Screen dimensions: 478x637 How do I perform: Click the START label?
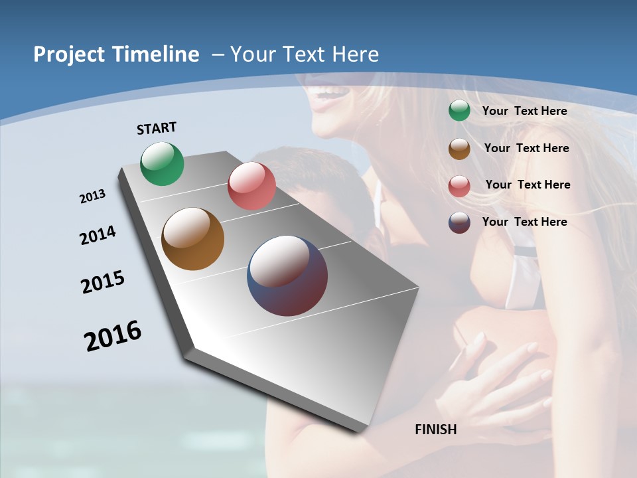click(x=157, y=128)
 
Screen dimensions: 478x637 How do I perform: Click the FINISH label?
click(x=436, y=430)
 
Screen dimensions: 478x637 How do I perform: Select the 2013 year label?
click(x=92, y=197)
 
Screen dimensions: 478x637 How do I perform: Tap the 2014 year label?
click(x=98, y=235)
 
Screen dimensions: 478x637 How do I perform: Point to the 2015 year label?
click(x=103, y=282)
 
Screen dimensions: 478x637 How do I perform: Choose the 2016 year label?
click(x=113, y=335)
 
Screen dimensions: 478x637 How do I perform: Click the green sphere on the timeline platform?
click(x=162, y=163)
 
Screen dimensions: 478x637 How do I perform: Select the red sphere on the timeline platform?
click(x=251, y=186)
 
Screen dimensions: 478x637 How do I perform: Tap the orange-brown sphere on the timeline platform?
click(x=193, y=239)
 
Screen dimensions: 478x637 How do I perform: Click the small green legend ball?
click(x=459, y=111)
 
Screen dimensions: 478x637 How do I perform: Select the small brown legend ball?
click(x=459, y=149)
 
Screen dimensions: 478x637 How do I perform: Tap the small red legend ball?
click(x=459, y=186)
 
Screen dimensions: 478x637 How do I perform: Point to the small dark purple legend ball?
click(x=459, y=222)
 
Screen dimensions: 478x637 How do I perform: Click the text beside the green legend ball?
click(x=525, y=111)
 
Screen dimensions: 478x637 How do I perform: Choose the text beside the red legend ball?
click(x=528, y=185)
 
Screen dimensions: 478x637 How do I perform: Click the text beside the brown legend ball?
click(x=526, y=148)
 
